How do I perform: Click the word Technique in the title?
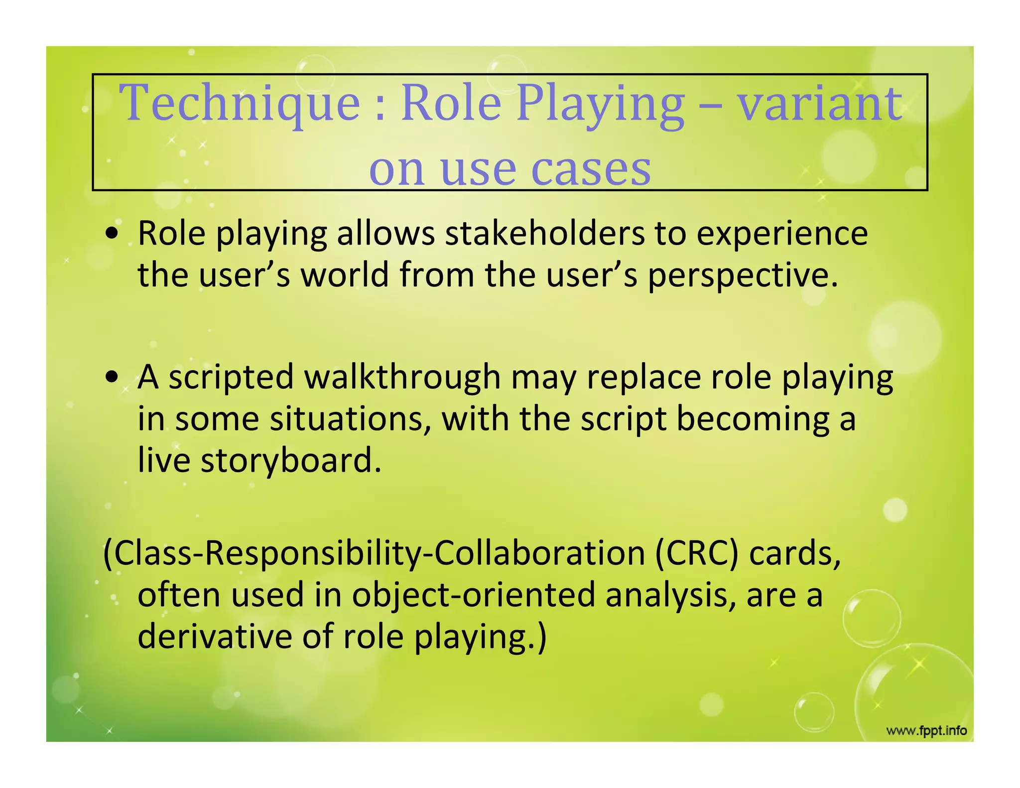click(x=240, y=103)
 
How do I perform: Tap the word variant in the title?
click(x=819, y=103)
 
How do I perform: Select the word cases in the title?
click(x=591, y=169)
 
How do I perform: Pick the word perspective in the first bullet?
click(x=742, y=275)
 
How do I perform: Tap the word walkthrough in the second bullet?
click(x=402, y=377)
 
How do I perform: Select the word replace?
click(x=644, y=377)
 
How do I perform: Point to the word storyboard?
click(x=291, y=460)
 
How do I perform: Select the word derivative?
click(x=215, y=637)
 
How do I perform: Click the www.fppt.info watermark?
click(x=926, y=731)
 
